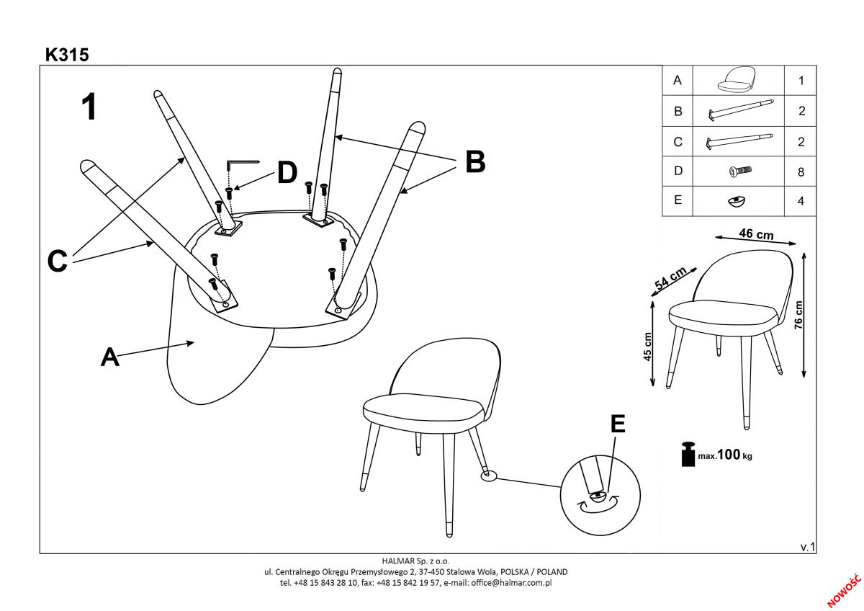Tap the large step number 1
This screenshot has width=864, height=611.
89,107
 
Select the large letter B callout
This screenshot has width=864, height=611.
474,162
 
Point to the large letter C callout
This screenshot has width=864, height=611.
58,260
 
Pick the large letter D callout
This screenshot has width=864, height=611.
287,173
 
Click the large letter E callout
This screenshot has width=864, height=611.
617,424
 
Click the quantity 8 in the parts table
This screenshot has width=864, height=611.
801,173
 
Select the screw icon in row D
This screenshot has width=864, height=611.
739,171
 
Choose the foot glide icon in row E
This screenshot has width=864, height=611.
737,202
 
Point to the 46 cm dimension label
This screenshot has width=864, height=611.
756,234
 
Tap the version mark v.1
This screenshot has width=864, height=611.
808,548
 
